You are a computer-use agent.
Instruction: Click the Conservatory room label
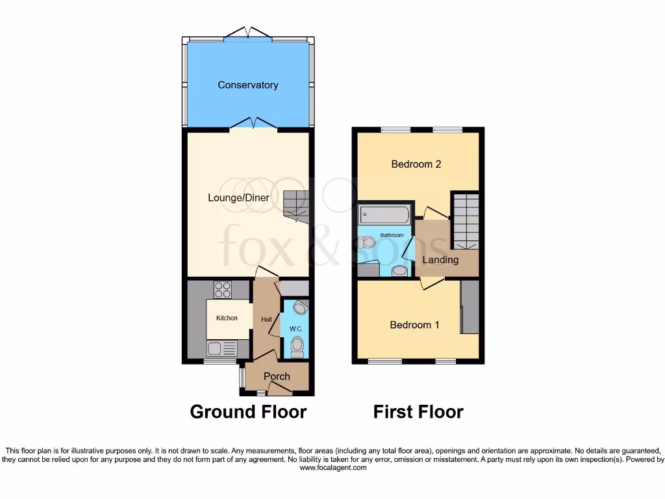point(248,85)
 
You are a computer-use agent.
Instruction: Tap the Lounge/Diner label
point(238,198)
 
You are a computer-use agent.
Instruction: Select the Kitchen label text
point(227,318)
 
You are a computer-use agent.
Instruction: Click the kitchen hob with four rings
point(223,289)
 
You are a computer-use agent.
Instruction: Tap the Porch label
point(277,376)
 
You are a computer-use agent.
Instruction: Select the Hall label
point(266,320)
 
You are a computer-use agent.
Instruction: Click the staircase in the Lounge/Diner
point(295,205)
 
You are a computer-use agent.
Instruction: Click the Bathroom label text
point(392,235)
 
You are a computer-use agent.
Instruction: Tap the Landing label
point(440,260)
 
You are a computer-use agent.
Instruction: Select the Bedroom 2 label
point(416,164)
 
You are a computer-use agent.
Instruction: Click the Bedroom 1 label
point(414,325)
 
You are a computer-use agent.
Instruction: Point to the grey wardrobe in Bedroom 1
point(470,307)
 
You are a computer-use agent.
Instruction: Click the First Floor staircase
point(465,220)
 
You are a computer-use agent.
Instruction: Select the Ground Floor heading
point(248,411)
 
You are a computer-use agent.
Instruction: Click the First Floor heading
point(418,411)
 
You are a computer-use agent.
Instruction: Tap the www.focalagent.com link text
point(332,467)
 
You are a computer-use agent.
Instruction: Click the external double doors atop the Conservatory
point(248,32)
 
